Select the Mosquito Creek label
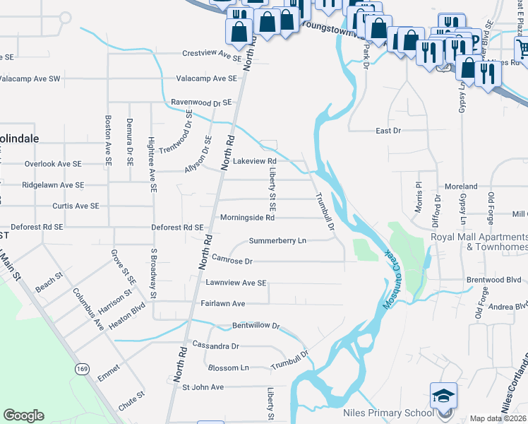pos(397,265)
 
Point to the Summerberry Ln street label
pos(277,241)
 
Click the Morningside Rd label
pos(246,218)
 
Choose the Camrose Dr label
pos(232,261)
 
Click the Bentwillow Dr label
pos(257,327)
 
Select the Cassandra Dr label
pos(215,347)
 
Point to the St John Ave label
pos(203,387)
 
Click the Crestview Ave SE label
pos(212,54)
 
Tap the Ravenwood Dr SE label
pos(201,102)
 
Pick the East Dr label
pos(388,131)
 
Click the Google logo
pos(25,416)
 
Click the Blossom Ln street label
pos(229,368)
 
